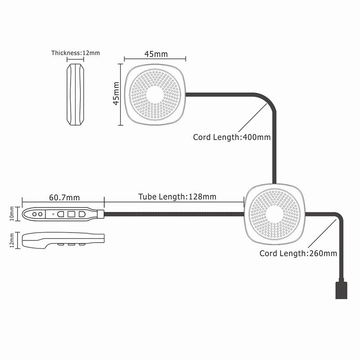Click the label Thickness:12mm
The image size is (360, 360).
[75, 53]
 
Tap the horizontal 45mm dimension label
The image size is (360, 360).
[156, 54]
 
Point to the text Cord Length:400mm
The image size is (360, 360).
[232, 137]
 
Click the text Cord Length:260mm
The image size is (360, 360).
[298, 253]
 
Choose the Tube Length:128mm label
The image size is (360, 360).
[177, 197]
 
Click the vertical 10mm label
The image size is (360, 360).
[11, 214]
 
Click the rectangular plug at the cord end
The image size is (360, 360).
[342, 290]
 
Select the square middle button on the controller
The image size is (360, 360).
[71, 214]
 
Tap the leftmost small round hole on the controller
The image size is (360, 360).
[34, 214]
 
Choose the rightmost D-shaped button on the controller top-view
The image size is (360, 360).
[81, 214]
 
